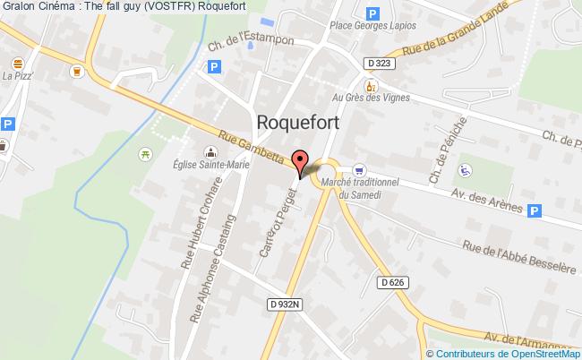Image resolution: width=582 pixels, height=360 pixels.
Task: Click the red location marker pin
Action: [302, 162]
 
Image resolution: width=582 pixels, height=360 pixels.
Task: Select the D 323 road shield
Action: [379, 62]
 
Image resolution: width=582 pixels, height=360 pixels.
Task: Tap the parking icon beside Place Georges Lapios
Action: [372, 14]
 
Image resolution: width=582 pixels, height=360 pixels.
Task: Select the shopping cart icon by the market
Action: [359, 168]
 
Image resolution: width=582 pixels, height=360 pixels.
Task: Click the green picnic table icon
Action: [144, 155]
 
